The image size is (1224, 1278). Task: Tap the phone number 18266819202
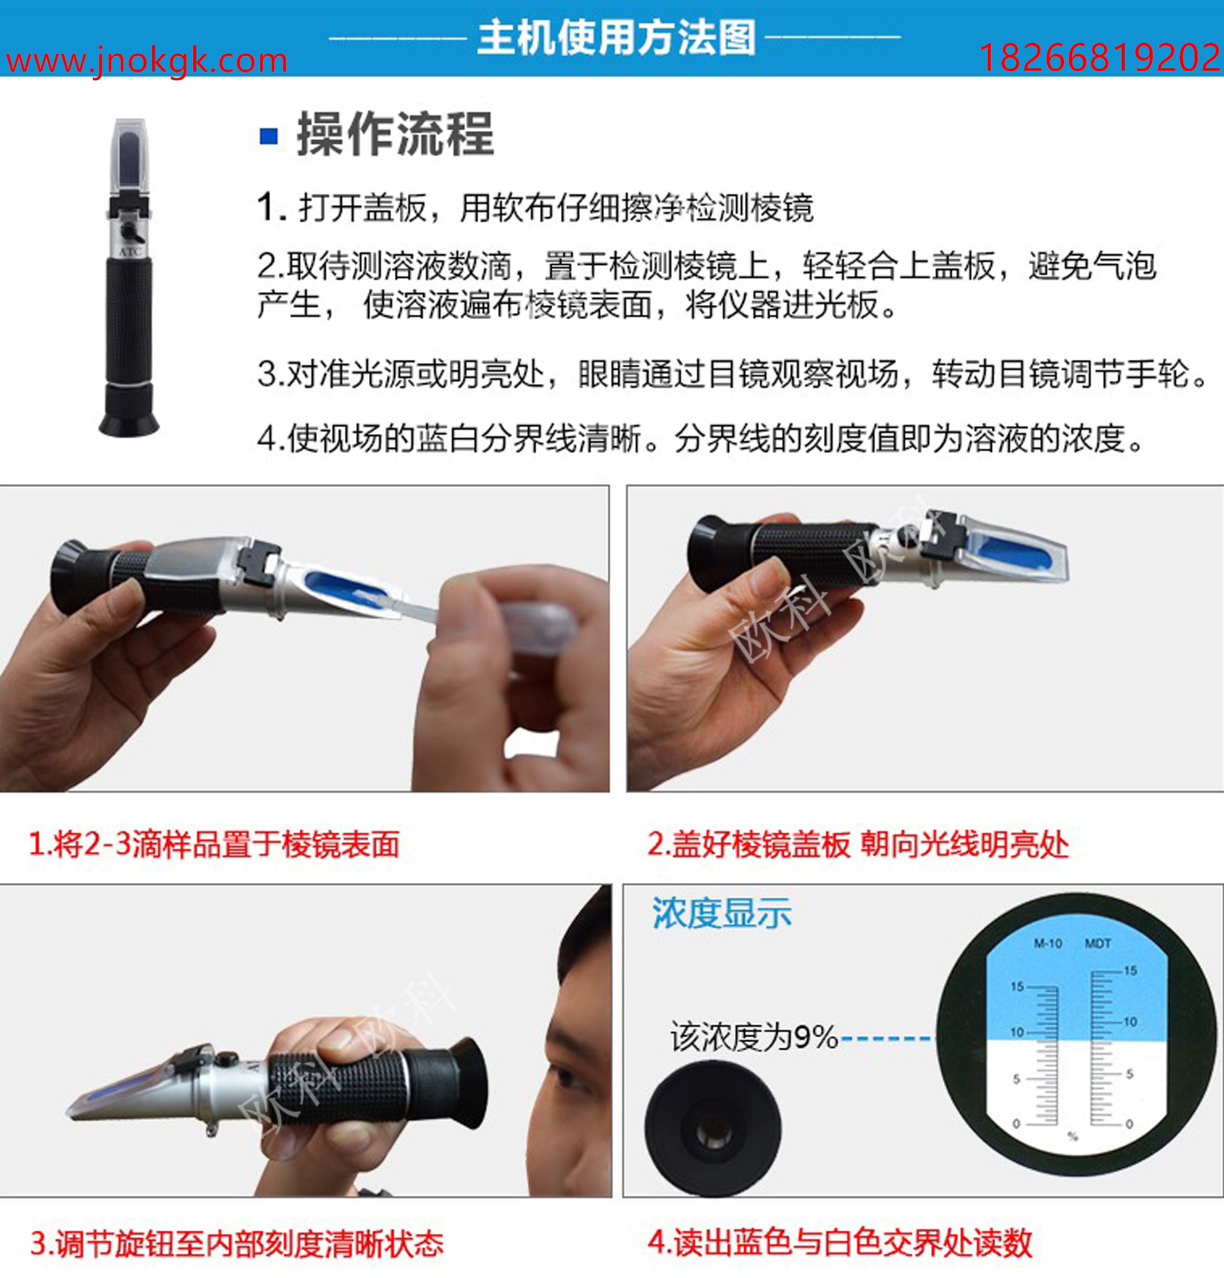coord(1099,58)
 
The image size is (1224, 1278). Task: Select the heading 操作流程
coord(395,134)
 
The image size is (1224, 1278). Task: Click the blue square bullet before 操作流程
coord(269,136)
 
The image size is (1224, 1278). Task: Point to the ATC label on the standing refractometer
coord(130,252)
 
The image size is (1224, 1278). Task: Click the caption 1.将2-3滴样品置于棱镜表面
coord(214,844)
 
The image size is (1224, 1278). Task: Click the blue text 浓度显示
coord(722,913)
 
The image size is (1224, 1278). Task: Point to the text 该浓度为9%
coord(754,1037)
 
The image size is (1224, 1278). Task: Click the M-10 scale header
coord(1048,944)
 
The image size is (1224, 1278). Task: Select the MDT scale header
coord(1098,944)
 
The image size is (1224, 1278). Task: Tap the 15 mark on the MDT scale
coord(1130,971)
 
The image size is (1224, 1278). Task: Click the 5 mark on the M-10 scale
coord(1016,1079)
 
